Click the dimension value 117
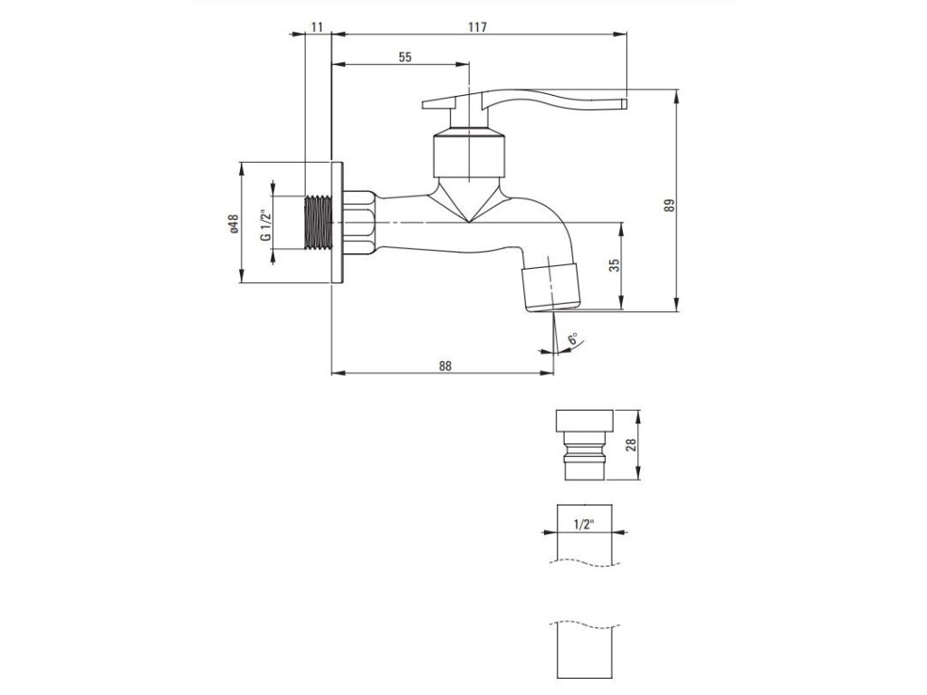479,27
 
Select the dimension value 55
404,56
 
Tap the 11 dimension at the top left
317,27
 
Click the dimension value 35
615,266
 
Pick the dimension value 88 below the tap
444,366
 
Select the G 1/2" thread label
265,224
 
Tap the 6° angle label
572,341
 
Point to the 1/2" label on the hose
585,523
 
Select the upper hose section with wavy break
583,534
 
